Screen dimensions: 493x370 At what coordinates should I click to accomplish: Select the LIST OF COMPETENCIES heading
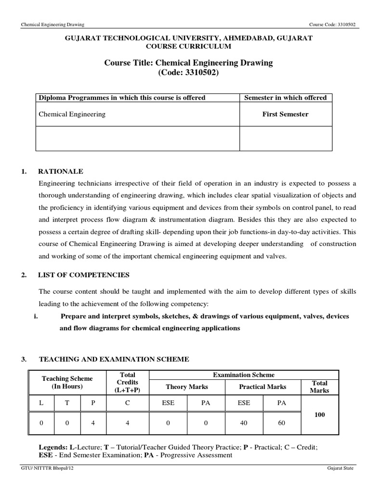click(x=84, y=275)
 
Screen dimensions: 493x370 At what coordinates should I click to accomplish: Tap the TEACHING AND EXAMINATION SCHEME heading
click(x=114, y=359)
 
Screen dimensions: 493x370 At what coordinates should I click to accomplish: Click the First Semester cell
click(x=286, y=114)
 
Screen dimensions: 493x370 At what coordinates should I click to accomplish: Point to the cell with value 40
click(x=244, y=423)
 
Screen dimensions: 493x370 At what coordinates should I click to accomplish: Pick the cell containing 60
click(x=281, y=423)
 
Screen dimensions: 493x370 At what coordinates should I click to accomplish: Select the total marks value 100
click(x=319, y=414)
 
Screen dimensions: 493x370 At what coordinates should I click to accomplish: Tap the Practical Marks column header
click(x=263, y=387)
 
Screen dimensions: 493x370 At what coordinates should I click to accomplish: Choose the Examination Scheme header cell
click(x=244, y=375)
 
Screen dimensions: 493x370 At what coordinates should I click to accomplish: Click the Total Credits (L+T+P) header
click(x=128, y=382)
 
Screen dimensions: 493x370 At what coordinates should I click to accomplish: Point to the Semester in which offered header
click(x=286, y=98)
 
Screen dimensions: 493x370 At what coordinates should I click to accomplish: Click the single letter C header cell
click(x=128, y=403)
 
